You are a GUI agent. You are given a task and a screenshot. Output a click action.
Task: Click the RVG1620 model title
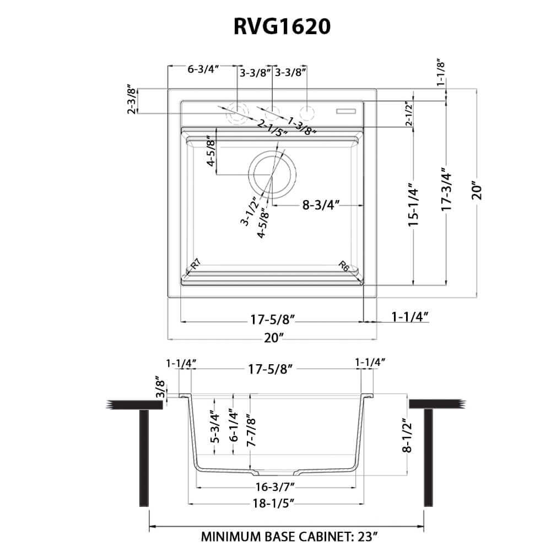(275, 26)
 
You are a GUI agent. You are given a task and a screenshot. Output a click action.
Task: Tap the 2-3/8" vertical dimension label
(132, 99)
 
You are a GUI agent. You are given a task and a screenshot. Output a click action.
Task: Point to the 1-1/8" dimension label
(441, 72)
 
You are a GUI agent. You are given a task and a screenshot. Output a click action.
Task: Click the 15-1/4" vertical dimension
(414, 206)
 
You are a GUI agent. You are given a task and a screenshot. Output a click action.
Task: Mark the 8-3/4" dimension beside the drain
(320, 205)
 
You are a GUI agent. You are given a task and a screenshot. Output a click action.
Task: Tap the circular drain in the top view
(272, 175)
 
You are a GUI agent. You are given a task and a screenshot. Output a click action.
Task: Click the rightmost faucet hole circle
(307, 112)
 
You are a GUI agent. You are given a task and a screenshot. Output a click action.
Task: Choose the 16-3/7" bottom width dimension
(276, 487)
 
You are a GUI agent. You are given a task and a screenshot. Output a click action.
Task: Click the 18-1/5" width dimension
(276, 503)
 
